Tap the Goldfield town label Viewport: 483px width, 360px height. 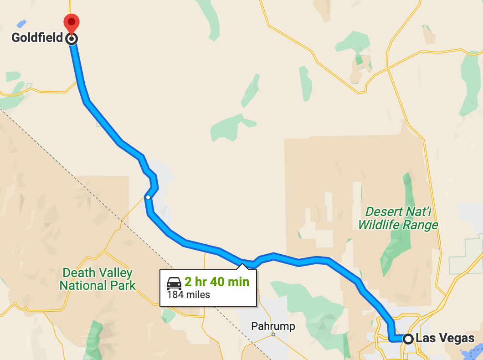[37, 38]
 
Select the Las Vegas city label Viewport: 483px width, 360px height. [445, 339]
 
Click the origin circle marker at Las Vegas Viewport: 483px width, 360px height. [408, 339]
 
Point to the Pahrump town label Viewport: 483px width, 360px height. [273, 326]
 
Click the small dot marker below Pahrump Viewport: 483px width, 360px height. [273, 335]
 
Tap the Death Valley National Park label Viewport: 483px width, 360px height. [98, 279]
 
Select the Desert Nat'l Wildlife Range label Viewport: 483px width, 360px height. [397, 218]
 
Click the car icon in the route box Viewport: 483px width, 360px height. [174, 283]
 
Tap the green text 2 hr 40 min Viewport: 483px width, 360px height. [217, 282]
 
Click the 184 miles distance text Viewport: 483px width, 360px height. [189, 295]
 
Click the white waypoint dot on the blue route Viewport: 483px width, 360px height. [148, 197]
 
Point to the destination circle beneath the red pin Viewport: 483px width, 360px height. [72, 39]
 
